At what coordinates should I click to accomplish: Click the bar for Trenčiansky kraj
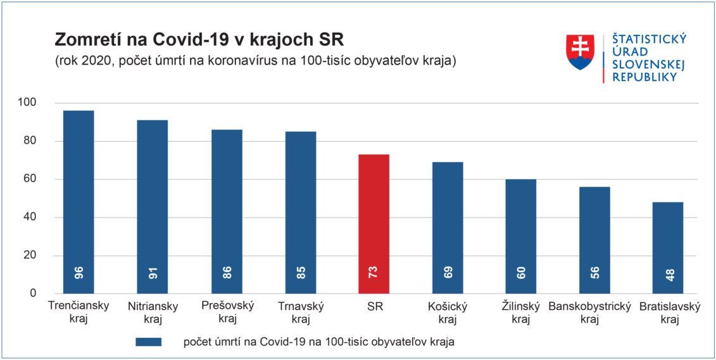click(79, 202)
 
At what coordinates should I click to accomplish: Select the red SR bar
click(374, 224)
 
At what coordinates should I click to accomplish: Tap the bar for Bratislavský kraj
click(668, 248)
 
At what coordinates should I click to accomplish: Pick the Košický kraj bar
click(448, 228)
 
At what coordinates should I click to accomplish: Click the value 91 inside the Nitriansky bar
click(153, 273)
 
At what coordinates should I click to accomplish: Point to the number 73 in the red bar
click(374, 273)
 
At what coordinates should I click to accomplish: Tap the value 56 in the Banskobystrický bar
click(594, 273)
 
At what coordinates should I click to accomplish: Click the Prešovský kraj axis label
click(227, 312)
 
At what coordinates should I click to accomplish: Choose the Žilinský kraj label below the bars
click(521, 313)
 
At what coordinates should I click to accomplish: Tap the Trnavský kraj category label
click(301, 312)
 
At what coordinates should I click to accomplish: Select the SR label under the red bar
click(374, 307)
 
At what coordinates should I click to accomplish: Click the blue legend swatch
click(148, 342)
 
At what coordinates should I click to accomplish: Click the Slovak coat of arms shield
click(580, 52)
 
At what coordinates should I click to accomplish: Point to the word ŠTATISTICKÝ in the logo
click(650, 40)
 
